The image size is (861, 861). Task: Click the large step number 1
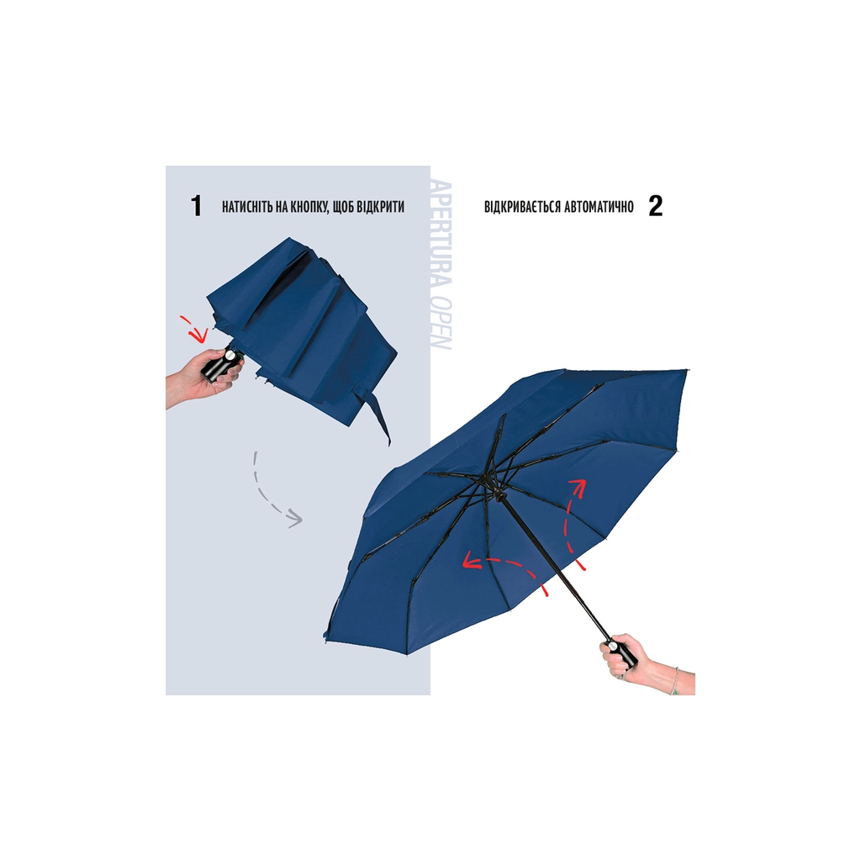[x=196, y=206]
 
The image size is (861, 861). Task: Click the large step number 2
[x=656, y=206]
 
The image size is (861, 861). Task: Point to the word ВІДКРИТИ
[x=381, y=207]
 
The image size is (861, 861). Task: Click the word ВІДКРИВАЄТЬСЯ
[x=522, y=207]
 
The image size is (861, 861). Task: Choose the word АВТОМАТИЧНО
[x=599, y=207]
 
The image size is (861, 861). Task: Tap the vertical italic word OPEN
[x=442, y=324]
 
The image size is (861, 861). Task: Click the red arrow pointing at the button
[x=197, y=328]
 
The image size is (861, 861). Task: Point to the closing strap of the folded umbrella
[x=376, y=412]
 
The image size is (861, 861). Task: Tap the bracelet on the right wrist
[x=676, y=681]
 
